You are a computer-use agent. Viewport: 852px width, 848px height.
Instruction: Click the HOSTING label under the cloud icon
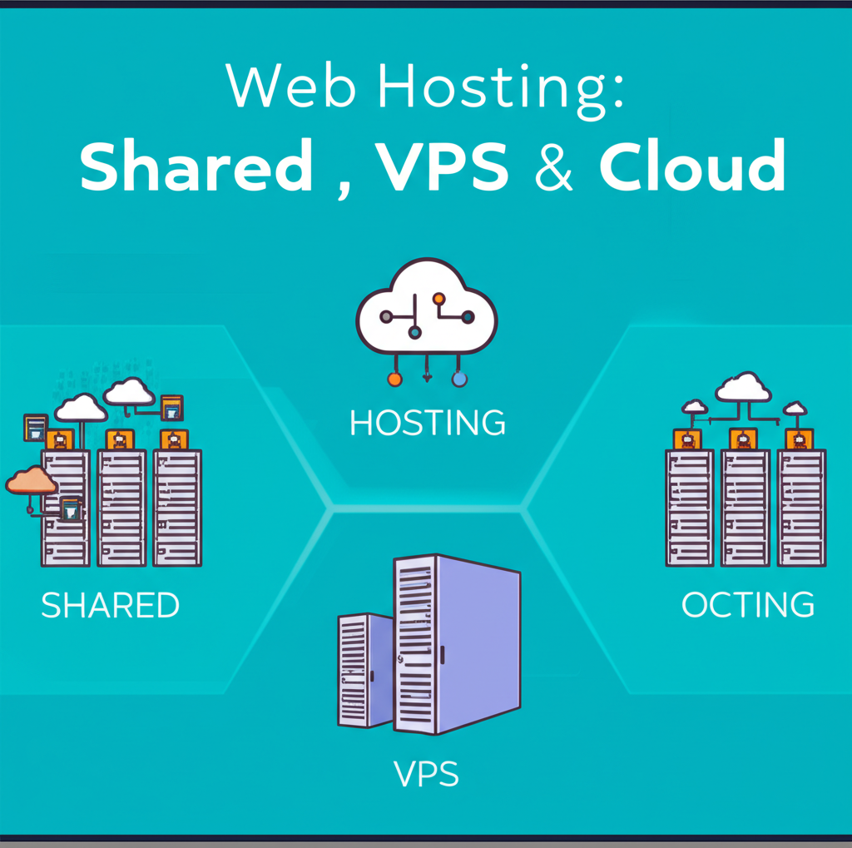point(427,423)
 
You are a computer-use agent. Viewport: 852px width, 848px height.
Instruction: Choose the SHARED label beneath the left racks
point(110,605)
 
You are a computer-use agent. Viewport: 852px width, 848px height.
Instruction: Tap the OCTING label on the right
point(747,605)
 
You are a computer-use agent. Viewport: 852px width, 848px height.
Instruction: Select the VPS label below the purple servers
point(426,775)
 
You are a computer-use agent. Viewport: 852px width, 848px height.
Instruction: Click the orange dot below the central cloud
point(394,379)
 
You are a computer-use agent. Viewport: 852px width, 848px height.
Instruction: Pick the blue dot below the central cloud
point(458,379)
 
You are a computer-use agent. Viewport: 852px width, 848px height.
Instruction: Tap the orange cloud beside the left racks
point(31,481)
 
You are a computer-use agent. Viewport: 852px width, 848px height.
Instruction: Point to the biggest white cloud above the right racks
point(742,387)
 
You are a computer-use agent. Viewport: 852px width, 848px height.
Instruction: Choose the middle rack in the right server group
point(745,508)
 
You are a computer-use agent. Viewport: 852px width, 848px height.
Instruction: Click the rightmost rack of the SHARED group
point(176,508)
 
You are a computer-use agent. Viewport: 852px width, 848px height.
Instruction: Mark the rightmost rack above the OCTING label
point(801,508)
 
